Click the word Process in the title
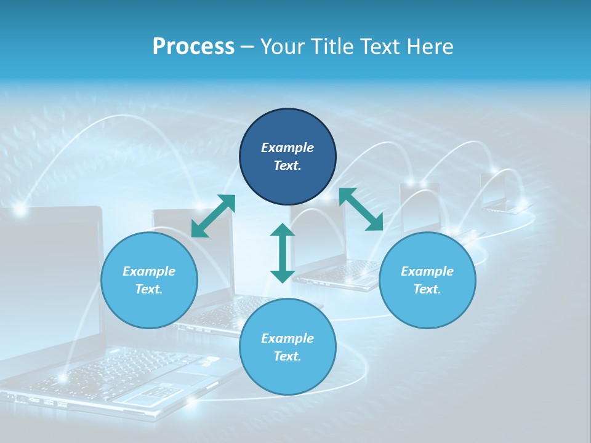point(193,47)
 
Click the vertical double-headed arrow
point(283,253)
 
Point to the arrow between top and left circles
point(214,215)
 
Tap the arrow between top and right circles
point(361,209)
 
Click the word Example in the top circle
point(287,148)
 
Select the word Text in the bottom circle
point(286,356)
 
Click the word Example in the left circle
point(149,271)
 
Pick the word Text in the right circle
point(426,289)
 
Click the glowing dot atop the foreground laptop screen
point(20,210)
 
